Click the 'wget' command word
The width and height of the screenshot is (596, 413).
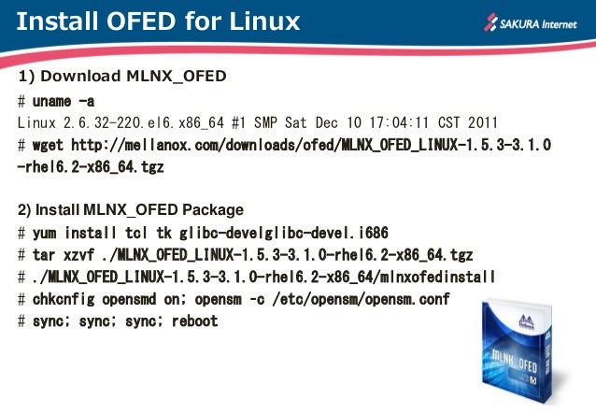click(x=49, y=146)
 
